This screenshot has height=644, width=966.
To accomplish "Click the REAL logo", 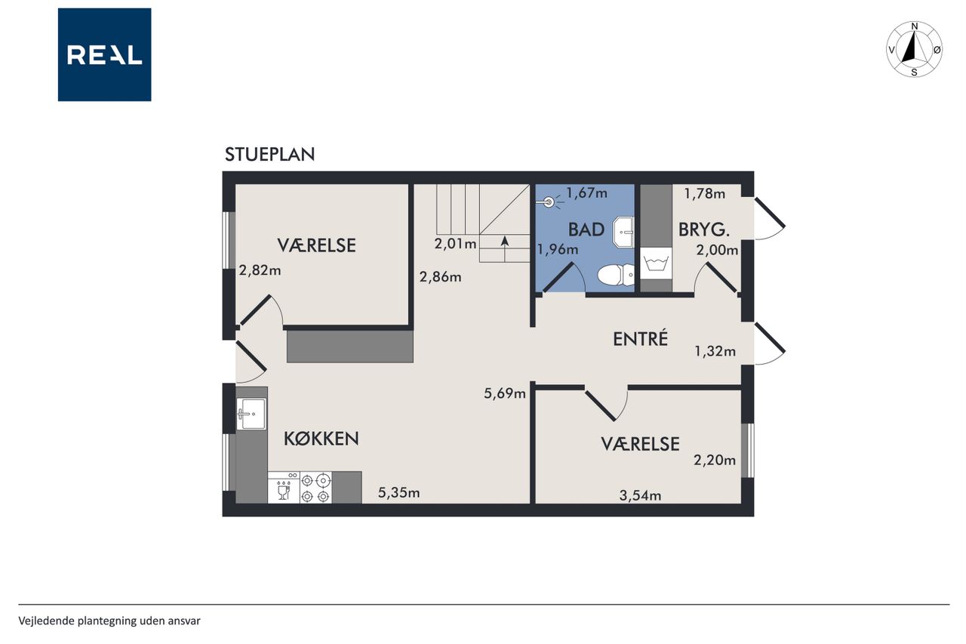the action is tap(104, 55).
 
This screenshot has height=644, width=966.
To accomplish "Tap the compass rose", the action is tap(914, 49).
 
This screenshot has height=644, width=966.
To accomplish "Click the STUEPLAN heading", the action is tap(270, 155).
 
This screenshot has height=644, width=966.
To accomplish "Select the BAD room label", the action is tap(586, 230).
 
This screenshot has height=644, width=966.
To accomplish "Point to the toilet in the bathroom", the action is tap(616, 275).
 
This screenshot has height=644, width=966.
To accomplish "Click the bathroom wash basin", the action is tap(623, 232).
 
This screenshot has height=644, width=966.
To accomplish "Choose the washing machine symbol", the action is tap(656, 263).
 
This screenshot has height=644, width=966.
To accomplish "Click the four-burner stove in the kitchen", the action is tap(315, 487).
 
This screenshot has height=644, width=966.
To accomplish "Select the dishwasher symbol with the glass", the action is tap(284, 487).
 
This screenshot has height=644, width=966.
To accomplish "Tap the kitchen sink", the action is tap(251, 414).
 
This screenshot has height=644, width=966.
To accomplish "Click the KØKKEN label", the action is tap(321, 439).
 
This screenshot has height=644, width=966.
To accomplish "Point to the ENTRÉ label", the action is tap(641, 338).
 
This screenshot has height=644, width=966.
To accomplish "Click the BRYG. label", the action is tap(704, 230).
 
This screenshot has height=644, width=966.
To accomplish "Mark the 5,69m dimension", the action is tap(505, 393).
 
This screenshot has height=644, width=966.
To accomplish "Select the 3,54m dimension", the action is tap(640, 495).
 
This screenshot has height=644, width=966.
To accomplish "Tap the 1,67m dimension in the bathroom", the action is tap(586, 193).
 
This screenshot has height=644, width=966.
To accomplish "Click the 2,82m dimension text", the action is tap(260, 270).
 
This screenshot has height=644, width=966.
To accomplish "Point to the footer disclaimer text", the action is tap(109, 621).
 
